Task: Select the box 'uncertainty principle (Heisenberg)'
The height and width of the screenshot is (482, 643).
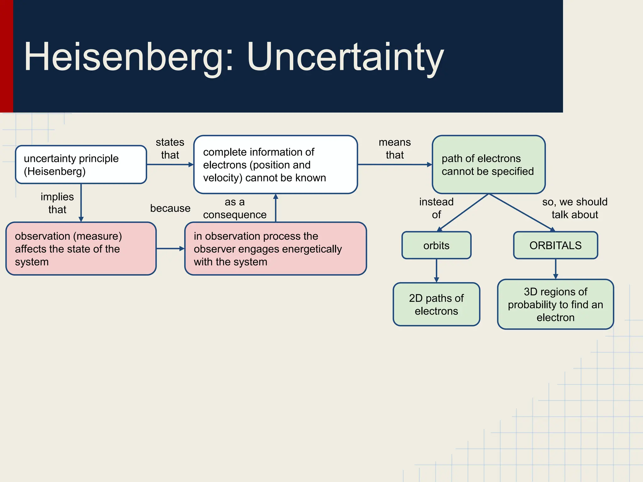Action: coord(81,164)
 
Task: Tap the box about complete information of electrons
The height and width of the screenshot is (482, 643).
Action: coord(275,164)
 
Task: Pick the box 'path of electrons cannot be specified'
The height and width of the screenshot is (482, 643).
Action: coord(489,164)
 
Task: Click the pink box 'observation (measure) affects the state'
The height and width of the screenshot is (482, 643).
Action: coord(81,249)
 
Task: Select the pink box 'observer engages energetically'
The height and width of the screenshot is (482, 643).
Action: coord(275,249)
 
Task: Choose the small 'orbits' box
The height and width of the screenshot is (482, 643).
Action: coord(436,245)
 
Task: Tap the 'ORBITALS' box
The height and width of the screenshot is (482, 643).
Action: coord(555,245)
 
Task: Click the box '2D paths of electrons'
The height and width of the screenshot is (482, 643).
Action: coord(436,304)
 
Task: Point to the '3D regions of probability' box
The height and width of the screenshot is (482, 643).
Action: coord(555,304)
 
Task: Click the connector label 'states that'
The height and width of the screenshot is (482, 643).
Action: coord(170,148)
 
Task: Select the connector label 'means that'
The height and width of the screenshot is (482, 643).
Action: coord(395,148)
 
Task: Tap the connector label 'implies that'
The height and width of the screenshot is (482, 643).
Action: coord(57,203)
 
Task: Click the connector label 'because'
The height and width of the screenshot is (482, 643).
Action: coord(170,208)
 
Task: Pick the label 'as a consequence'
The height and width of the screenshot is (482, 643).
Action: coord(235,208)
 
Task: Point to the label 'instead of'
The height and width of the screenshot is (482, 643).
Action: coord(436,208)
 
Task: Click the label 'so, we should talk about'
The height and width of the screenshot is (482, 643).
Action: coord(575,208)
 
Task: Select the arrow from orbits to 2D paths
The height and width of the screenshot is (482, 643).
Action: coord(436,270)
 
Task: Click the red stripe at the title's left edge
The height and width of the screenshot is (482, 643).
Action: coord(6,56)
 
